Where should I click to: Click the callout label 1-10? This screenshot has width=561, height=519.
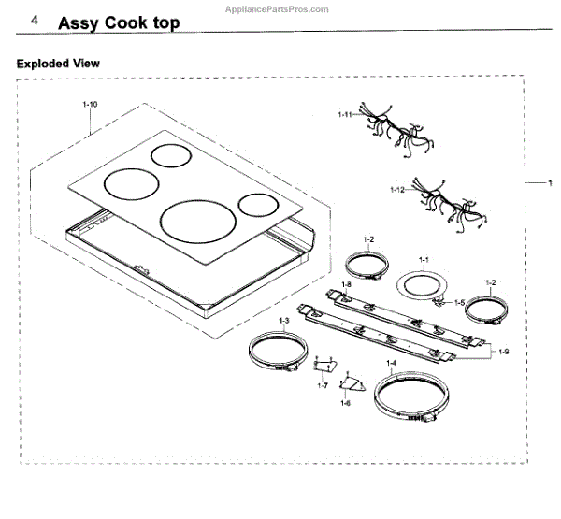click(x=91, y=104)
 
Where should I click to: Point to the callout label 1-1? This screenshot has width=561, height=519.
click(x=423, y=259)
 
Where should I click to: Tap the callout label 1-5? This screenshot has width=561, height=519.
click(x=459, y=302)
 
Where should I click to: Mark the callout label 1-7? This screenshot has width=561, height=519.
click(x=322, y=385)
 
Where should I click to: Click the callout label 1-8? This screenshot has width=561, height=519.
click(x=346, y=284)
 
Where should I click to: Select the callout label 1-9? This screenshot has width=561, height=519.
click(x=504, y=351)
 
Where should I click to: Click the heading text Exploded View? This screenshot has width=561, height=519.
click(x=58, y=64)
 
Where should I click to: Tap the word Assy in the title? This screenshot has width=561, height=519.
click(x=79, y=22)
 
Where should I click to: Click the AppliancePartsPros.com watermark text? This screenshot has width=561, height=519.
click(x=278, y=7)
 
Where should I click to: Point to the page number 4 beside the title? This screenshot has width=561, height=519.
click(x=36, y=21)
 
